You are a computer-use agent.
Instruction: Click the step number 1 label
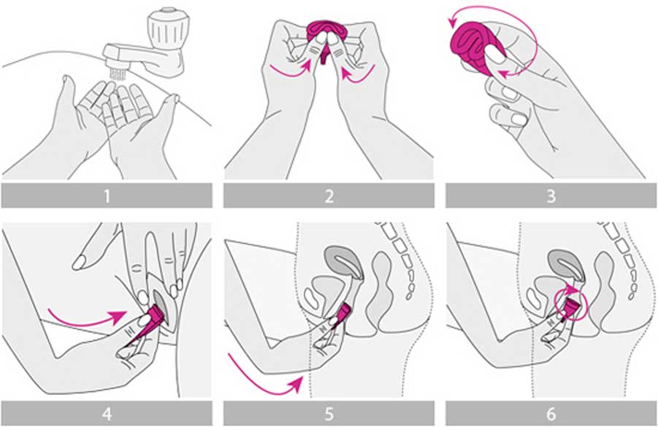(107, 196)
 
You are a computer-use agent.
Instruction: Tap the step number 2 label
(329, 196)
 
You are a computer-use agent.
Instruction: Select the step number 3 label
(551, 196)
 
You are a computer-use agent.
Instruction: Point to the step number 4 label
(107, 414)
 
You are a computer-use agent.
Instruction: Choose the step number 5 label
(329, 414)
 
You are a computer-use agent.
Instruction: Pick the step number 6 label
(551, 414)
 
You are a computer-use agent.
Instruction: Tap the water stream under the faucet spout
(118, 74)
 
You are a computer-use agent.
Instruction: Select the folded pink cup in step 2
(326, 36)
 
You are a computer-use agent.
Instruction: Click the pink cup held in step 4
(147, 325)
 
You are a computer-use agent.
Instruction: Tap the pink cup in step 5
(343, 312)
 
